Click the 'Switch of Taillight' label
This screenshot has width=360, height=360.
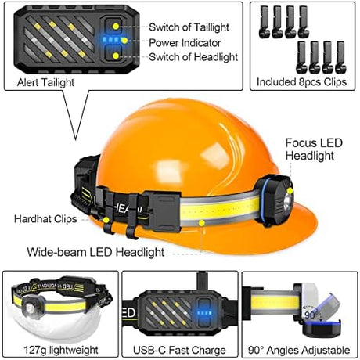click(x=189, y=27)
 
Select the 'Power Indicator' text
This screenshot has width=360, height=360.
click(x=185, y=43)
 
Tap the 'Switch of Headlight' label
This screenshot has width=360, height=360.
click(x=193, y=57)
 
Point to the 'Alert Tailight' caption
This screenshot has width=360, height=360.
click(x=45, y=82)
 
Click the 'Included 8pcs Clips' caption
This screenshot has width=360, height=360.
click(x=302, y=81)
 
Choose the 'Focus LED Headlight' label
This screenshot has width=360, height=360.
click(x=314, y=149)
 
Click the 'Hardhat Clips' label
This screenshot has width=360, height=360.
click(x=45, y=219)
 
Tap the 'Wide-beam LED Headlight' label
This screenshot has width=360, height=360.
click(x=95, y=252)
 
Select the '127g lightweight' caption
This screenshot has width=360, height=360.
click(x=61, y=350)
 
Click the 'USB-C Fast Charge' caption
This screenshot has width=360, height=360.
click(x=179, y=350)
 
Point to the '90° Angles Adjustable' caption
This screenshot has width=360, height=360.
click(x=299, y=350)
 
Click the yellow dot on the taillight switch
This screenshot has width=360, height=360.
click(x=116, y=27)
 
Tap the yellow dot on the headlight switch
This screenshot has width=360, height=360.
click(x=116, y=56)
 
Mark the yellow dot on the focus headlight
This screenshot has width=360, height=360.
click(x=290, y=191)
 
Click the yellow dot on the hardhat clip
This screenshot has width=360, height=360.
click(x=106, y=220)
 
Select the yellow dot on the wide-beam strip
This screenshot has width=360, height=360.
click(x=201, y=223)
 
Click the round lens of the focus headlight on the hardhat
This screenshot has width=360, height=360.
click(x=288, y=203)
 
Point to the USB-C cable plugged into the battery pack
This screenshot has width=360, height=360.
click(x=201, y=281)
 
